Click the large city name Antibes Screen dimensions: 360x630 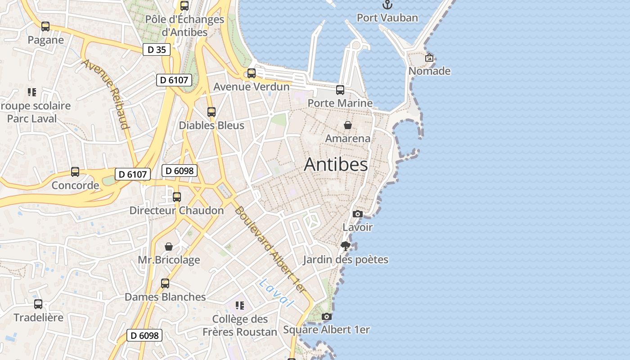point(336,165)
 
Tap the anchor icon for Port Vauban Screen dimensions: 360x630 point(387,5)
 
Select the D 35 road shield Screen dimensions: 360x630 point(157,49)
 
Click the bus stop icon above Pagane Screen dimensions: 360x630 point(45,27)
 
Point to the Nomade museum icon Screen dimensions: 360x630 point(429,58)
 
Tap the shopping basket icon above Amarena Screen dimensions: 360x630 point(348,125)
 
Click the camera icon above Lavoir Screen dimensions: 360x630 point(358,214)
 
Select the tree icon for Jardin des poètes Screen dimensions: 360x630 point(346,246)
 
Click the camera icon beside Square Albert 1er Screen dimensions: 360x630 point(327,317)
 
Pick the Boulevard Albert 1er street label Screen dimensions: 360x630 point(270,251)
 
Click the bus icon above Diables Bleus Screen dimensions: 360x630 point(211,112)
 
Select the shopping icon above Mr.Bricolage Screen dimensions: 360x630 point(169,247)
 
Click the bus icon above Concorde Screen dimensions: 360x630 point(75,172)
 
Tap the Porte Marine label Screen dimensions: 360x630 point(340,103)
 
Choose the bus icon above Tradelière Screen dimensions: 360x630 point(38,304)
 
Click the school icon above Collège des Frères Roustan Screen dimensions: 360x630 point(240,306)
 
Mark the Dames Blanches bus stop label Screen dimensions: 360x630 point(165,297)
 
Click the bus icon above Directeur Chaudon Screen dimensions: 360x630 point(177,197)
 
